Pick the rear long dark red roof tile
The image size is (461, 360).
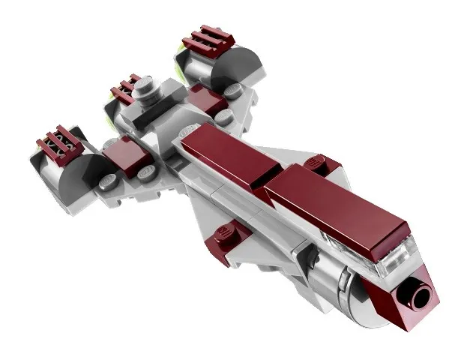[x=225, y=150]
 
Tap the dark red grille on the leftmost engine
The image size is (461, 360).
[x=59, y=141]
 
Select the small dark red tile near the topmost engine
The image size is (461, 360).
[x=204, y=97]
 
